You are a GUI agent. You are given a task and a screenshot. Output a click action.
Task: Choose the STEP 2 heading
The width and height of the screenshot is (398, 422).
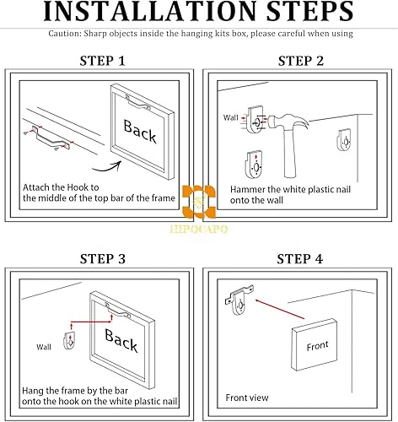(x=301, y=61)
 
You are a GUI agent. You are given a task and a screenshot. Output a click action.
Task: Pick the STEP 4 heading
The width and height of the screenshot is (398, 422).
(x=301, y=257)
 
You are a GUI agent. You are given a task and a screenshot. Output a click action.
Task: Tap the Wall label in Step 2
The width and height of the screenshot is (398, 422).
(x=230, y=117)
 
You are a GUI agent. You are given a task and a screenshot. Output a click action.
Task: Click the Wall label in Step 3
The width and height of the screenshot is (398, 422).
(x=44, y=347)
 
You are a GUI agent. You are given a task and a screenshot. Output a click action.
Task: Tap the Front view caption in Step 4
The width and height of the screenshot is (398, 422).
(x=247, y=397)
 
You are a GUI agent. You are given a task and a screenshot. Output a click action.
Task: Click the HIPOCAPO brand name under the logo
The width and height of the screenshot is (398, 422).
(x=199, y=228)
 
